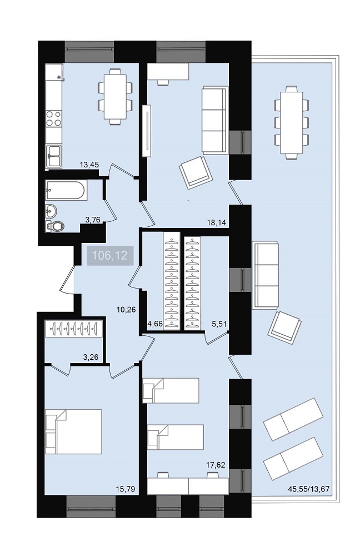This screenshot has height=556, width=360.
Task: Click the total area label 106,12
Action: [x=109, y=255]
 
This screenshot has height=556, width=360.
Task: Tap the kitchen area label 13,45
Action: [x=89, y=165]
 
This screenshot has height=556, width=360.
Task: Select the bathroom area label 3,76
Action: [x=93, y=220]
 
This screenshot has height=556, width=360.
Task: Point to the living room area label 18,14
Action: [x=217, y=223]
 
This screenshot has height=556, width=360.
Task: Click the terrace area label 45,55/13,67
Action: [x=309, y=489]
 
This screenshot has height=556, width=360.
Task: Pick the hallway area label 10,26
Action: [x=126, y=310]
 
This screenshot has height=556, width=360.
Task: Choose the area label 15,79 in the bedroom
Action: [x=126, y=489]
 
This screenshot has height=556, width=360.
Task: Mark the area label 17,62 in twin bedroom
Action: [x=216, y=464]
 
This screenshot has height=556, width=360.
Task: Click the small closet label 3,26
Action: [x=91, y=358]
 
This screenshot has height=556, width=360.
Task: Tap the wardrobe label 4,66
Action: [x=155, y=324]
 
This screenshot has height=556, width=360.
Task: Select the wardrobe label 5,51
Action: [x=219, y=324]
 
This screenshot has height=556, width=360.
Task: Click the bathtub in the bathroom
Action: [x=66, y=190]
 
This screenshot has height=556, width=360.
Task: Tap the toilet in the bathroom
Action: [x=55, y=226]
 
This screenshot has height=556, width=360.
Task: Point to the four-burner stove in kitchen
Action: [x=53, y=118]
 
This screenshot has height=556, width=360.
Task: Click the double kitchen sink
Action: [x=54, y=156]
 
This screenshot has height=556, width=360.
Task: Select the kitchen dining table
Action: [x=115, y=96]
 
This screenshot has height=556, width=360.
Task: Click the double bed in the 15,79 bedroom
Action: [x=74, y=431]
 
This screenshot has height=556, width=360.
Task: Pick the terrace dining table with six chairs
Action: [x=291, y=123]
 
